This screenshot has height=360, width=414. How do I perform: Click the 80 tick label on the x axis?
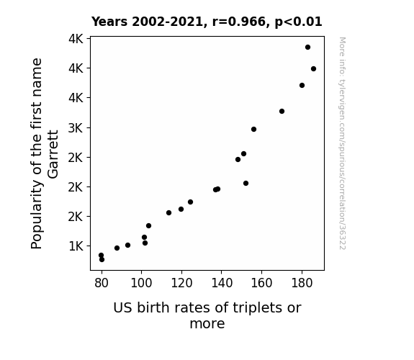click(102, 283)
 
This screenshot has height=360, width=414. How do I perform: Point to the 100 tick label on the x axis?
click(142, 283)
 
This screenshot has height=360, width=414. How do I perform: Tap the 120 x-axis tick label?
click(181, 283)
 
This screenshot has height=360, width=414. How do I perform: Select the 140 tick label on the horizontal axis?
click(222, 283)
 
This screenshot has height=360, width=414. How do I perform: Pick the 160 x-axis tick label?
click(261, 283)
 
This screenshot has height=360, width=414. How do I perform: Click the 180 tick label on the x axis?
click(302, 283)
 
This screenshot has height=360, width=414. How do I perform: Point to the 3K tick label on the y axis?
click(76, 128)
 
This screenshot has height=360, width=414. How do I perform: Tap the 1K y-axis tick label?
click(76, 246)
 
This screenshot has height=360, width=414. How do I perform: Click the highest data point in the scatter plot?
click(307, 48)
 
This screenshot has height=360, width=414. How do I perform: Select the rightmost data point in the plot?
click(313, 68)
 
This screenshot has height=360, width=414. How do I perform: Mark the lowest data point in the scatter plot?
click(102, 260)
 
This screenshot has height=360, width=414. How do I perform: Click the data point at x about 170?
click(282, 111)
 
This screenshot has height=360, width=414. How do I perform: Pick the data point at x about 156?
click(253, 129)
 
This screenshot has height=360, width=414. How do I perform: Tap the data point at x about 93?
click(127, 245)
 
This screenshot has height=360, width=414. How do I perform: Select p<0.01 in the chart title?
click(298, 22)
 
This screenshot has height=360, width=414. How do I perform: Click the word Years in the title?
click(109, 22)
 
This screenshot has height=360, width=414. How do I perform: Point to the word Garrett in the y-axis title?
click(53, 154)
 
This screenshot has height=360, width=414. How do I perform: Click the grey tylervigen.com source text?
click(342, 143)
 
